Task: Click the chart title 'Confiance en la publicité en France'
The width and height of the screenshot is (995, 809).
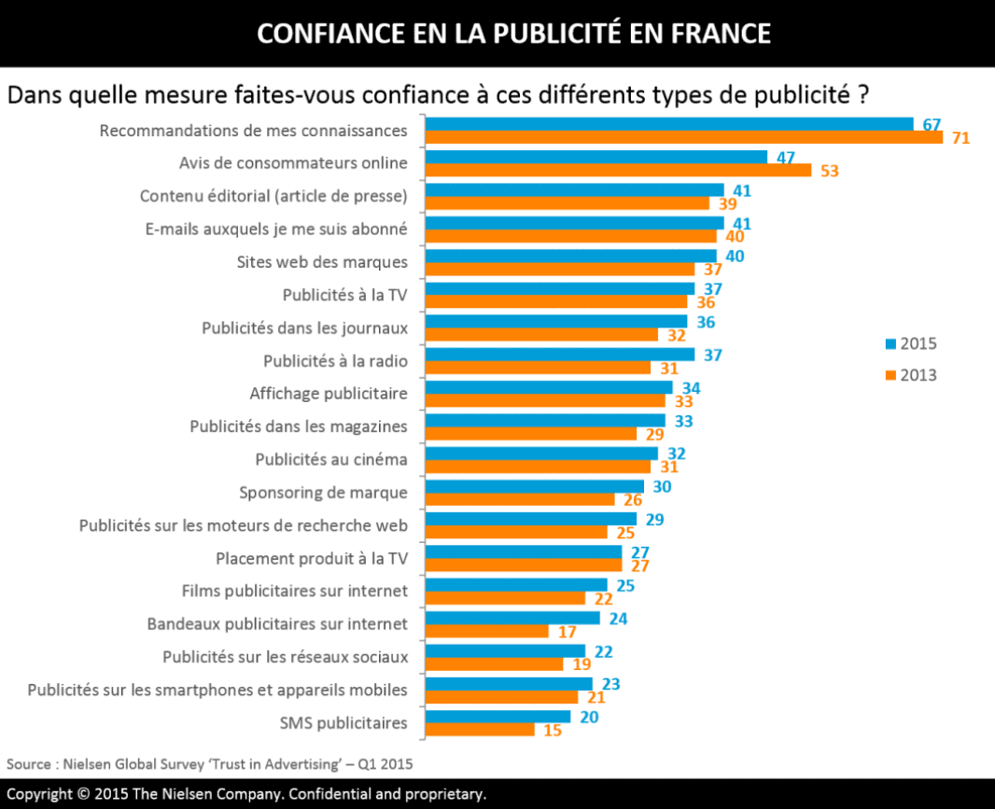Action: click(513, 34)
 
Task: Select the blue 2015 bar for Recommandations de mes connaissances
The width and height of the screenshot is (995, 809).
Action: click(669, 124)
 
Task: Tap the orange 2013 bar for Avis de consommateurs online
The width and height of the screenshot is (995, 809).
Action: click(618, 171)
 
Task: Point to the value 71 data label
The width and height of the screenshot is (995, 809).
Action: click(960, 138)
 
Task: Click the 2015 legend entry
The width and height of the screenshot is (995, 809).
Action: click(910, 343)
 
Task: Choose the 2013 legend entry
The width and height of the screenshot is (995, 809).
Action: click(910, 375)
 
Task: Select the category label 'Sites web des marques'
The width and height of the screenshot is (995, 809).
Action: click(322, 261)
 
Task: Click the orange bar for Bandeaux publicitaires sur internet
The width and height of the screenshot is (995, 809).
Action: click(486, 631)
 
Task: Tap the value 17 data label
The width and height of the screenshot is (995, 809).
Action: click(566, 632)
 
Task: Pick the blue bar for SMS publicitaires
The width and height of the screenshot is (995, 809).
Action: click(497, 717)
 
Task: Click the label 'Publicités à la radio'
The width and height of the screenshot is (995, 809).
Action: click(335, 360)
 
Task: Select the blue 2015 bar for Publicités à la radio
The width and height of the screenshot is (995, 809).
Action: click(560, 355)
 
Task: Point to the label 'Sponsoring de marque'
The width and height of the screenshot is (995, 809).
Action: click(323, 492)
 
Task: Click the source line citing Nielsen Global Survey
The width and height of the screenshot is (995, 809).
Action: click(210, 763)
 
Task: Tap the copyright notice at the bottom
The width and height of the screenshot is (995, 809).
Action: click(247, 795)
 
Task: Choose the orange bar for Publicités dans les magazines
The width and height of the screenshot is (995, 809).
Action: click(530, 434)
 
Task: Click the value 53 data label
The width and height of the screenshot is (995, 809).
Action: click(829, 171)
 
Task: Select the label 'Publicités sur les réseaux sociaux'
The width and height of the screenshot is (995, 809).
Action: click(285, 656)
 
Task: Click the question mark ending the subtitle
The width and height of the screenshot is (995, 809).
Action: click(862, 95)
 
